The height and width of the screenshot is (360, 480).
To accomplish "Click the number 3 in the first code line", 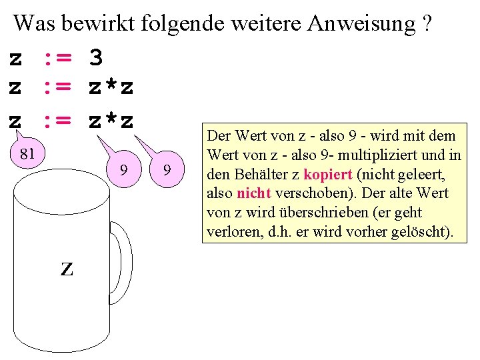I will coord(96,58).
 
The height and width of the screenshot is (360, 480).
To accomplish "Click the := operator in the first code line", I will coord(57,58).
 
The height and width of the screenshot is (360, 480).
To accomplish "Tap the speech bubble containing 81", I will coord(27,154).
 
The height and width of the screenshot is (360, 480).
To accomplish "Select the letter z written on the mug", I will coord(67,268).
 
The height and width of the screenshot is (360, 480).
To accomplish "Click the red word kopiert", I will coord(327,175).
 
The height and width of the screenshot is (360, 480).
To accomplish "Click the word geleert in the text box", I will coord(419,175).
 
